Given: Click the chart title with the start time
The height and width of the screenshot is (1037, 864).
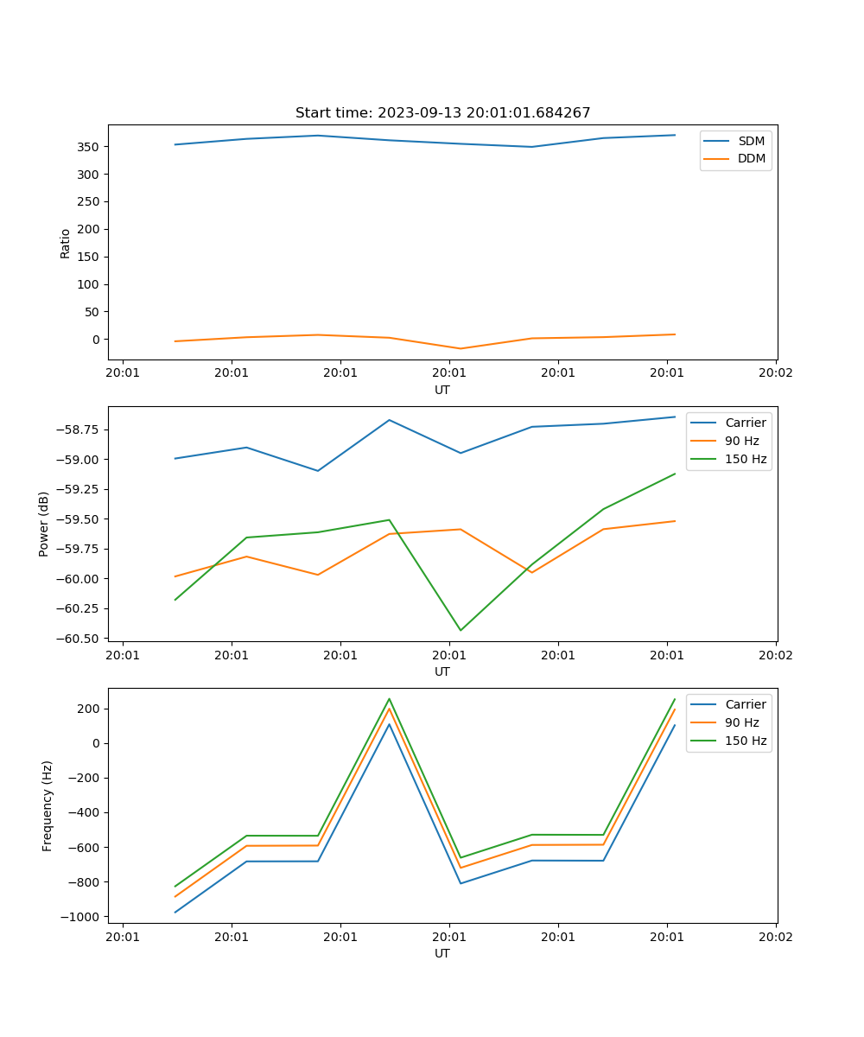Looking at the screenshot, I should point(442,113).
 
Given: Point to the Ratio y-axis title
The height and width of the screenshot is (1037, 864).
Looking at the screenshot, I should point(66,243).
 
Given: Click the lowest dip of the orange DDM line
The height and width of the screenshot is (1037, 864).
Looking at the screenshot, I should point(460,349).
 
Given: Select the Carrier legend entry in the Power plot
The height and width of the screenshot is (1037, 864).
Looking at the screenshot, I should point(745,423).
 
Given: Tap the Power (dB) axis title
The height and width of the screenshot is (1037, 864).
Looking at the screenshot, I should point(44,525).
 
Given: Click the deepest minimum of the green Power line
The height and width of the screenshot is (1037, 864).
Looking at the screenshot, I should point(460,630).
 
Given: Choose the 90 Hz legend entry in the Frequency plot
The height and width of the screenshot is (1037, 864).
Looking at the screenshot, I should point(742,722).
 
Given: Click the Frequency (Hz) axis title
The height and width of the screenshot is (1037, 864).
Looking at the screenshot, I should point(48,805).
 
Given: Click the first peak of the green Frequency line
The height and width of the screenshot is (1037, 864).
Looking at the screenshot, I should point(389,699).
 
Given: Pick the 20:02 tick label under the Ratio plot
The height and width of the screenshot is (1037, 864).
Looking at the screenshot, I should point(775,373).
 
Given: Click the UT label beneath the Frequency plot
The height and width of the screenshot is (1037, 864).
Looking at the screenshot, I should point(442,953).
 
